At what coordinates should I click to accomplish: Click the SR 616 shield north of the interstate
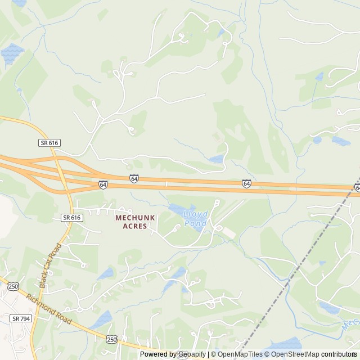click(49, 143)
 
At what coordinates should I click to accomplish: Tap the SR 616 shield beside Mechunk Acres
click(71, 217)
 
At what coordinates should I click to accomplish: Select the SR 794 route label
click(21, 318)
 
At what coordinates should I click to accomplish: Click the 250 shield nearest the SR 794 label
click(13, 286)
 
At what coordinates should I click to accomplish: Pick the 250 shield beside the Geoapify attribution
click(111, 339)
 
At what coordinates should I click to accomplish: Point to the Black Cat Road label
click(49, 264)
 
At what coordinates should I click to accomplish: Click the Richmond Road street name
click(49, 310)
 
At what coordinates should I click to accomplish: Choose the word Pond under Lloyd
click(196, 223)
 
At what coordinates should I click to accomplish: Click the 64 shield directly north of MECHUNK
click(134, 178)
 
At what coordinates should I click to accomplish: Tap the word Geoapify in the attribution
click(191, 354)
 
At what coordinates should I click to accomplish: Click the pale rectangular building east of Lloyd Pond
click(227, 232)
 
